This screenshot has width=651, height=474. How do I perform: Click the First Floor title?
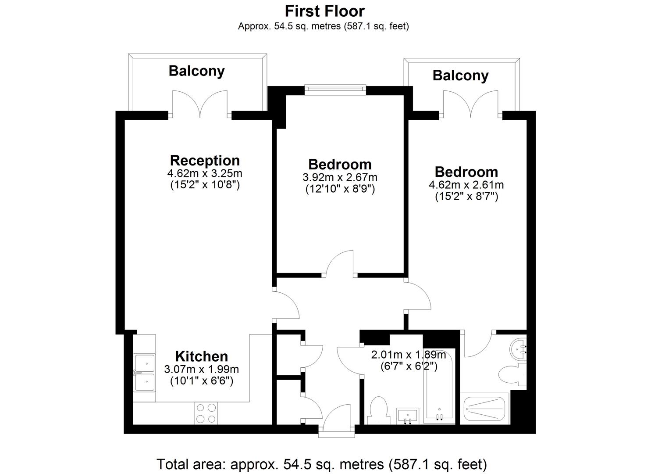coord(325,11)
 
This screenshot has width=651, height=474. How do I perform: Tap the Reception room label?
coord(205,161)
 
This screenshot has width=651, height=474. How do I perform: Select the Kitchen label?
coord(201,356)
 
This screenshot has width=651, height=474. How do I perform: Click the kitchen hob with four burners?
coord(206,413)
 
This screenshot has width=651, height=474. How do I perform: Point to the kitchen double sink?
coord(144,373)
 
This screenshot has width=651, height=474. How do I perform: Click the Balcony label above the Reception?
coord(197,71)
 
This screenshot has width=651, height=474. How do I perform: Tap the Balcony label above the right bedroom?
coord(461,75)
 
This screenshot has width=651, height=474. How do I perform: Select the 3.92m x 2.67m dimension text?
coord(340,177)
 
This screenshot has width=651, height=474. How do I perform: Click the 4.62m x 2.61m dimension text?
coord(466,184)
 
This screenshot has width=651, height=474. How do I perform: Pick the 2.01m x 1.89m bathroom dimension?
coord(408,355)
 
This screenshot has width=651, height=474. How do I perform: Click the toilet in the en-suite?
coord(512,375)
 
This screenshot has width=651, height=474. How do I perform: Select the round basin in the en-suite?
coord(519,349)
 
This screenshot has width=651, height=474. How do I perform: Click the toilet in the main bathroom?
coord(379,410)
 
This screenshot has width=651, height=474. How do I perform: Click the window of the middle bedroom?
coord(335,90)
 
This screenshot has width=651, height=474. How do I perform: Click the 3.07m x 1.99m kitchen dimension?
coord(201,369)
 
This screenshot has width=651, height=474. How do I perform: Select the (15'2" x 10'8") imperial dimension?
coord(205,185)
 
